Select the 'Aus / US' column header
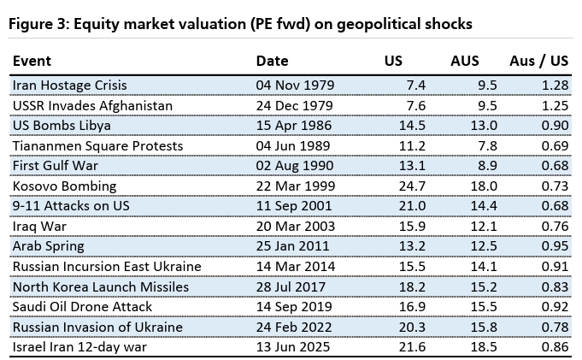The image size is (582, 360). point(538,62)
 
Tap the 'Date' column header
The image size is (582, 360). point(273,62)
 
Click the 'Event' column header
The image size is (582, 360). point(32,62)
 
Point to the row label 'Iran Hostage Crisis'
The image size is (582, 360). point(68,86)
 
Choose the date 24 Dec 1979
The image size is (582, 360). point(295,105)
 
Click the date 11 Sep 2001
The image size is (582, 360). point(295,206)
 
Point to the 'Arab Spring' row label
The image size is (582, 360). point(48,246)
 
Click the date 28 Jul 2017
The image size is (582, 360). point(295,286)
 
